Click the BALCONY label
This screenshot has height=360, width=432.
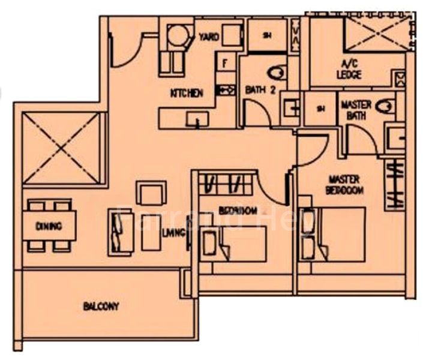pyautogui.click(x=101, y=307)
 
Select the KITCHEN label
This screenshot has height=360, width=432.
pyautogui.click(x=187, y=93)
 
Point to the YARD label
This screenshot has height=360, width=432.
pyautogui.click(x=209, y=37)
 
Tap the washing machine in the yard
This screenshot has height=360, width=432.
pyautogui.click(x=177, y=35)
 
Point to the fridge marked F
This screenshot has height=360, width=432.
pyautogui.click(x=226, y=62)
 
